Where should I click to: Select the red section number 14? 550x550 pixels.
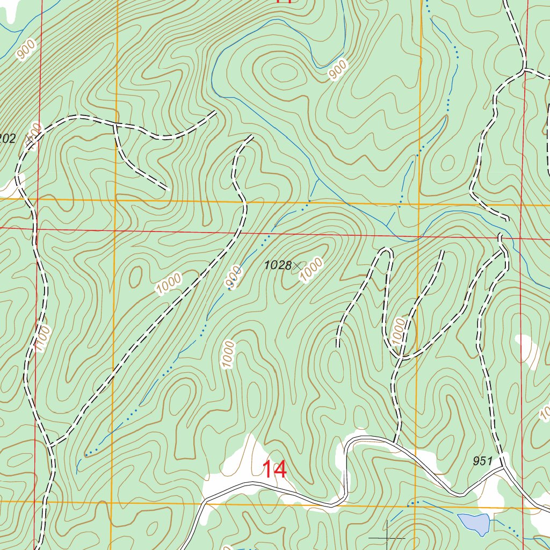tap(274, 469)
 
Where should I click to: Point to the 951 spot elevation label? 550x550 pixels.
tap(483, 461)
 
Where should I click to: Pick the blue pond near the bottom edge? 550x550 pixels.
tap(474, 523)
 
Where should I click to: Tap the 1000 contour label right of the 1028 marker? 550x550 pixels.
tap(312, 270)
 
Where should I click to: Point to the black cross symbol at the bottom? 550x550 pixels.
tap(387, 537)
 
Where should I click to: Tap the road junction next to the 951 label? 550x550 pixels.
tap(504, 467)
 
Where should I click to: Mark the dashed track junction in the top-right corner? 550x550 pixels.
tap(524, 69)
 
